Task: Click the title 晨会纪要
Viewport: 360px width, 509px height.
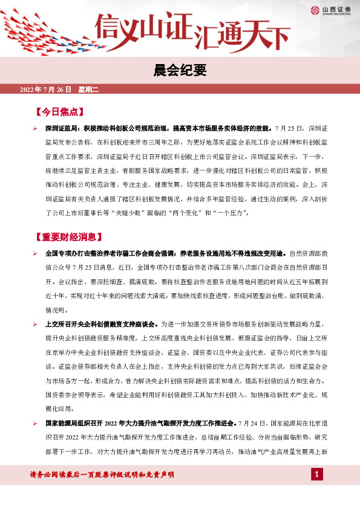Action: pyautogui.click(x=180, y=71)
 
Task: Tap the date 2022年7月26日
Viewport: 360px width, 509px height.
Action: pyautogui.click(x=46, y=90)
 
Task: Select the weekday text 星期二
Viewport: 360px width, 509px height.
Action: pyautogui.click(x=88, y=90)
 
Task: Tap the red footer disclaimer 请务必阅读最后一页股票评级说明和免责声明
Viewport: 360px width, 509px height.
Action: pyautogui.click(x=102, y=475)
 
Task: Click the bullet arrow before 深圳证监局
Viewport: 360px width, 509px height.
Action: pyautogui.click(x=36, y=129)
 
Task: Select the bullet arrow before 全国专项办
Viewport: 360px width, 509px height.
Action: pyautogui.click(x=36, y=253)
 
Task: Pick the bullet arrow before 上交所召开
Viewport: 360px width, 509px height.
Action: pyautogui.click(x=36, y=325)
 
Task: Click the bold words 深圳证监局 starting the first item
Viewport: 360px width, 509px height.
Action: pyautogui.click(x=62, y=129)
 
